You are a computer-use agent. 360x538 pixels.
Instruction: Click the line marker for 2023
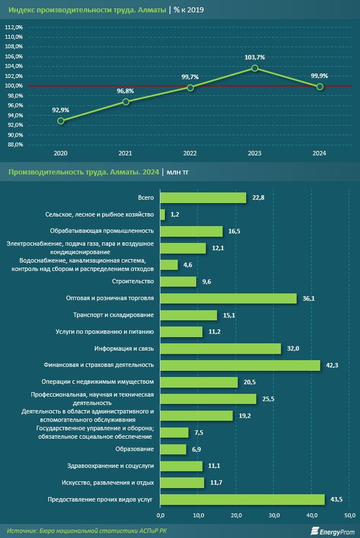[255, 68]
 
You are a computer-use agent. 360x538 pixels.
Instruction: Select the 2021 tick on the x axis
[126, 153]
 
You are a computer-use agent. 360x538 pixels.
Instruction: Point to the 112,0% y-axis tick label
[14, 27]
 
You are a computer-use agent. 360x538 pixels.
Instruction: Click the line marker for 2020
[61, 121]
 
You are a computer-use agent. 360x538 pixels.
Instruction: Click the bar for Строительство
[178, 282]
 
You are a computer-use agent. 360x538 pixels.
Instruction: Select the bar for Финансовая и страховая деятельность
[240, 365]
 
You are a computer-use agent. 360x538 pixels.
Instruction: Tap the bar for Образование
[173, 449]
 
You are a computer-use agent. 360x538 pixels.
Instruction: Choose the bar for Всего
[203, 197]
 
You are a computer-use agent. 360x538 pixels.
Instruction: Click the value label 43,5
[337, 499]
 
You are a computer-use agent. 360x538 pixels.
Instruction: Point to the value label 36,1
[308, 298]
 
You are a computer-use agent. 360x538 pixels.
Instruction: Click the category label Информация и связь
[124, 348]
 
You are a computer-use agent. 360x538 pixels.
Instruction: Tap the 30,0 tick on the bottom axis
[274, 515]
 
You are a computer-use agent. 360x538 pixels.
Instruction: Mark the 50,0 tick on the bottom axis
[349, 515]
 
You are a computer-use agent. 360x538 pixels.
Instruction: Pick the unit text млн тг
[178, 172]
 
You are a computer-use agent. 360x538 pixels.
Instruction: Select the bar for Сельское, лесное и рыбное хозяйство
[163, 214]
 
